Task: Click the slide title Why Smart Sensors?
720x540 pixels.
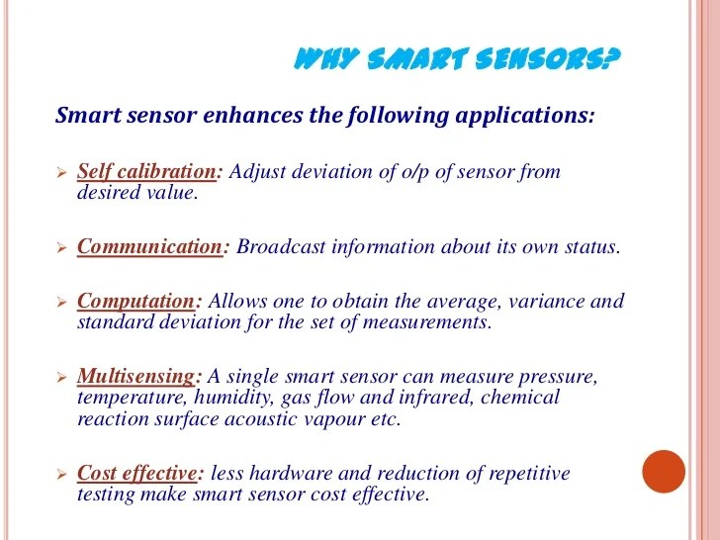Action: [458, 62]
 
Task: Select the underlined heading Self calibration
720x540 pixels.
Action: [146, 172]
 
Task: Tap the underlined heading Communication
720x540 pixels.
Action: [148, 247]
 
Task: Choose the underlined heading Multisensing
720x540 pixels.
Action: [136, 377]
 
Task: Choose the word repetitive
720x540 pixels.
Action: [527, 473]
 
